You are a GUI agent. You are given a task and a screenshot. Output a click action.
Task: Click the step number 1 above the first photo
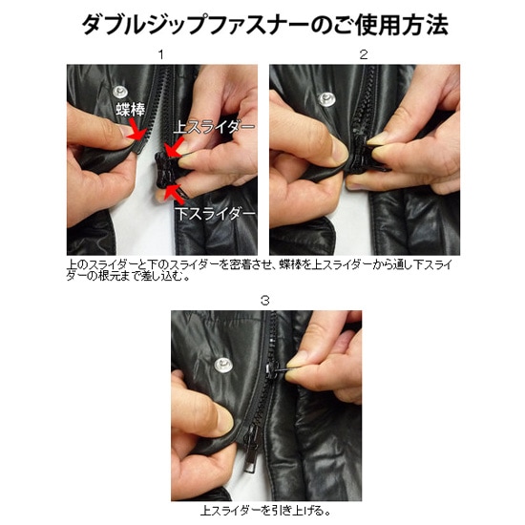[x=161, y=54]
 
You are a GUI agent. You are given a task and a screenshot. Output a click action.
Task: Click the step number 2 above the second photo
[x=364, y=54]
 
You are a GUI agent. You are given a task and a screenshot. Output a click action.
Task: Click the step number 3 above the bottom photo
[x=264, y=301]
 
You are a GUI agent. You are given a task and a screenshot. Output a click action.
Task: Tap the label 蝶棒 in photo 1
[x=131, y=109]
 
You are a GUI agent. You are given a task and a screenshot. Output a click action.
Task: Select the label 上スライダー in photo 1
[x=214, y=128]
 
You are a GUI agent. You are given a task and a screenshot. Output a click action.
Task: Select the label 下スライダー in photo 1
[x=217, y=214]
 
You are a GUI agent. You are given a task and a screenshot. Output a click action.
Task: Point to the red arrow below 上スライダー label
[x=175, y=147]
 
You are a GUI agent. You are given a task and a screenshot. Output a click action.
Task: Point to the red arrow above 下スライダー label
[x=175, y=194]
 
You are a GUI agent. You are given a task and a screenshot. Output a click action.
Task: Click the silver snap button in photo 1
[x=120, y=91]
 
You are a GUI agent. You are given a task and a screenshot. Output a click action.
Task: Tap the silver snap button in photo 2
[x=326, y=99]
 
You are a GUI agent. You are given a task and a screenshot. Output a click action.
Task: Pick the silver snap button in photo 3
[x=222, y=364]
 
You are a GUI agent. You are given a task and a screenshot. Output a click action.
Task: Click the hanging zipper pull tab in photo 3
[x=249, y=460]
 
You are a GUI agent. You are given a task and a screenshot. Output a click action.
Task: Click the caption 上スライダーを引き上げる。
[x=266, y=511]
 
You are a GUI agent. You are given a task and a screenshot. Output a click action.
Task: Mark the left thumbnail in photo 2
[x=339, y=150]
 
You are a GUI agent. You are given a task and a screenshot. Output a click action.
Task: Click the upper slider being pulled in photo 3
[x=271, y=369]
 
